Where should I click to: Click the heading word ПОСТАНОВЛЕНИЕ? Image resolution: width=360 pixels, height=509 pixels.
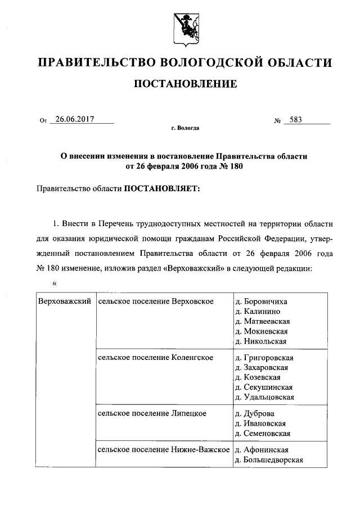click(184, 84)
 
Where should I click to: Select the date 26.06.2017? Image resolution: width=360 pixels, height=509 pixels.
click(71, 119)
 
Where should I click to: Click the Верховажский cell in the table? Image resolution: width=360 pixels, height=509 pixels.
click(64, 302)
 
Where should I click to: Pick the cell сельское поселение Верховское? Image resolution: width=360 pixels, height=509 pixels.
click(156, 302)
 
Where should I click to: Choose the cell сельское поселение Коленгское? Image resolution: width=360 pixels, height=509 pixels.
click(155, 357)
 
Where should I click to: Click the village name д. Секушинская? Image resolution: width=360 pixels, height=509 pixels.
click(264, 387)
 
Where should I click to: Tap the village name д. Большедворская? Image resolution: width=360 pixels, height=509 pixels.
click(269, 460)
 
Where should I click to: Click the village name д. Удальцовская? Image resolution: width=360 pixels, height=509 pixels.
click(265, 397)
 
